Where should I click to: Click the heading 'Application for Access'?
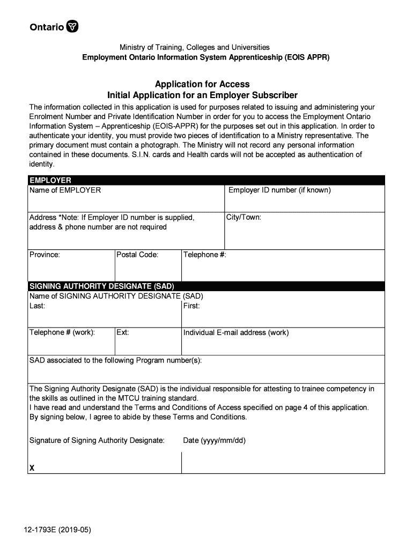click(202, 84)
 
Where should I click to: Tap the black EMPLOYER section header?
click(50, 180)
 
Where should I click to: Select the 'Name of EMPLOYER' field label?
click(65, 190)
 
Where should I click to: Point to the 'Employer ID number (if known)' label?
click(279, 190)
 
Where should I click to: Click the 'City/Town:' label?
click(244, 217)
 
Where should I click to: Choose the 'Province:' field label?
click(45, 255)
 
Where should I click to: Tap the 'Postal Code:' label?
click(137, 255)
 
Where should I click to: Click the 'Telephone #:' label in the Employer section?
click(205, 255)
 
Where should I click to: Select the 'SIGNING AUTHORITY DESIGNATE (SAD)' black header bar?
click(101, 286)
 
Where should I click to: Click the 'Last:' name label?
click(37, 306)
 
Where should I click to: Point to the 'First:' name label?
click(191, 306)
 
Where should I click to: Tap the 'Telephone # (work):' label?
click(62, 332)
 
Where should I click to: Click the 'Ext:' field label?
click(123, 332)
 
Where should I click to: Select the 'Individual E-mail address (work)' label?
click(236, 332)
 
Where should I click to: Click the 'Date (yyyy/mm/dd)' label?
click(214, 441)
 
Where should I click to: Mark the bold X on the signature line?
click(32, 468)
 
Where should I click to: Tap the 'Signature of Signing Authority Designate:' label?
click(97, 441)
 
